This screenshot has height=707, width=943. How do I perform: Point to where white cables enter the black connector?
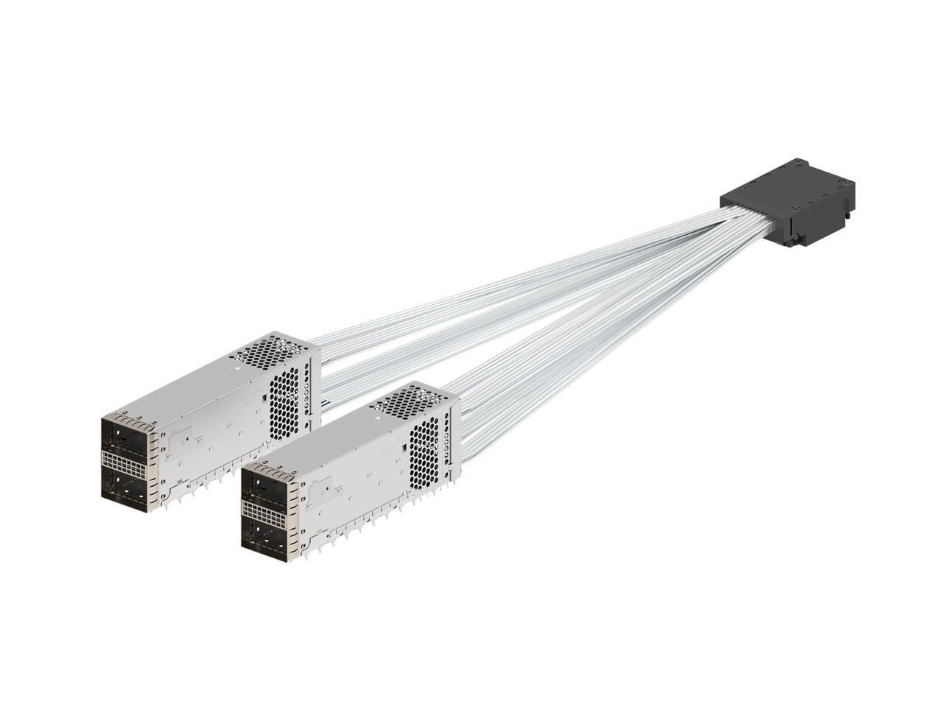point(744,220)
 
